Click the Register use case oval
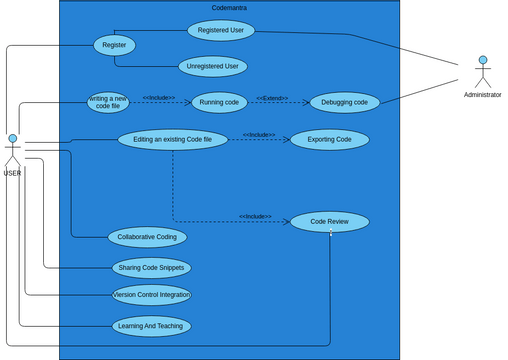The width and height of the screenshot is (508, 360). click(x=114, y=45)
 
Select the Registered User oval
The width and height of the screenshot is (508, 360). click(x=221, y=30)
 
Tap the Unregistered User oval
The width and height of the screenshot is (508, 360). click(x=212, y=67)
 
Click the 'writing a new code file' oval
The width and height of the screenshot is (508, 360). click(x=108, y=102)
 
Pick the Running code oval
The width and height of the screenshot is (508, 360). click(x=219, y=102)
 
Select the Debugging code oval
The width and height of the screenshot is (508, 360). click(x=345, y=102)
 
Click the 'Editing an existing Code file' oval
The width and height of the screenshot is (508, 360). click(x=173, y=139)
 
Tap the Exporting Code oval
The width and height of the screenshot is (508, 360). click(x=329, y=139)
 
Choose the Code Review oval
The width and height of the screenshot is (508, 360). click(x=330, y=221)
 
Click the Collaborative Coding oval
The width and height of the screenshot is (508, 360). click(x=147, y=237)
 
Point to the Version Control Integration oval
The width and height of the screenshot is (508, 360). click(x=151, y=295)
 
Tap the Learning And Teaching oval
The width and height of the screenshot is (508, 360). click(x=151, y=326)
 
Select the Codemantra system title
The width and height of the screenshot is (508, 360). click(x=229, y=8)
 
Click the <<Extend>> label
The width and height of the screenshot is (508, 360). click(x=272, y=98)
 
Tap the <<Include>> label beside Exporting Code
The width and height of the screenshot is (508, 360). click(x=259, y=134)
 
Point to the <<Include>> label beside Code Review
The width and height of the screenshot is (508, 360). click(x=255, y=216)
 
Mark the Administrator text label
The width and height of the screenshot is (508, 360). click(x=482, y=95)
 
